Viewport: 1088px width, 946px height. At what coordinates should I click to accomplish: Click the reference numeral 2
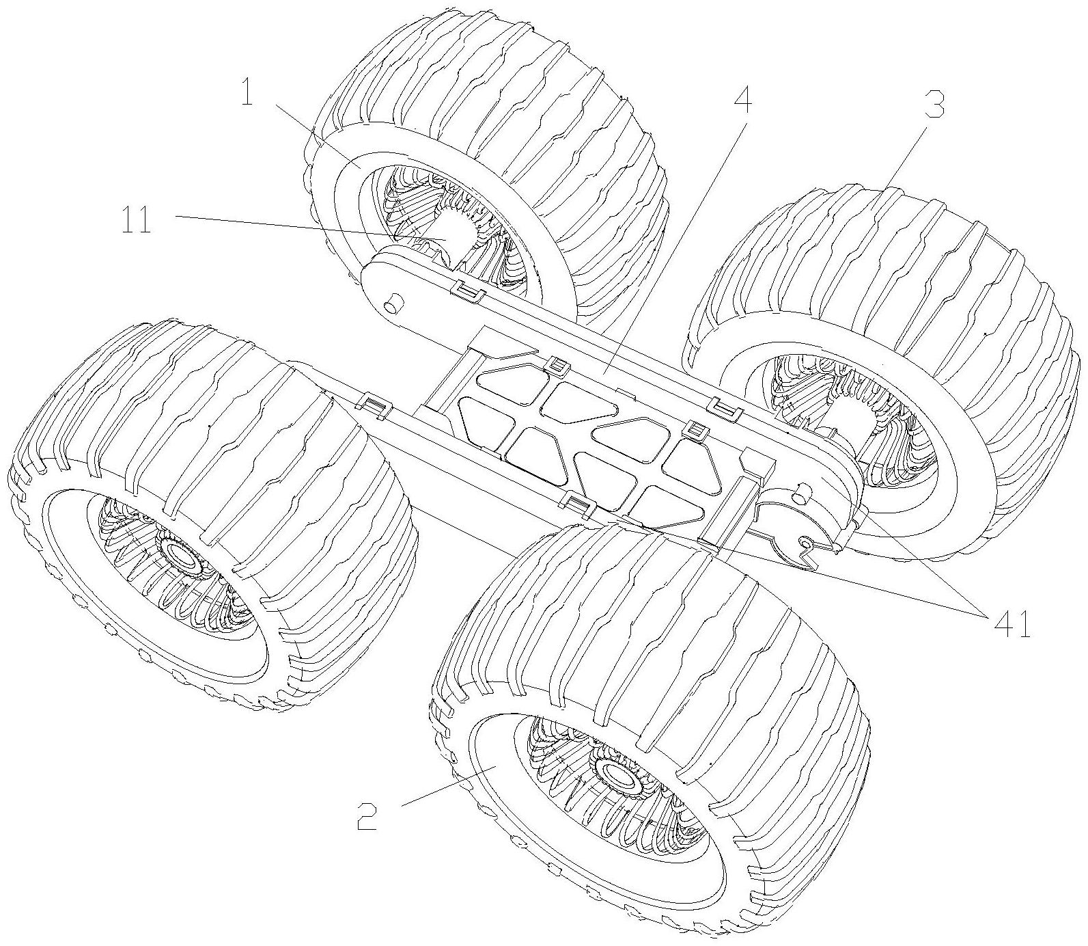[367, 815]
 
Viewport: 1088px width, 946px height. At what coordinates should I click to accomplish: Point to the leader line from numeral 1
[311, 133]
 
